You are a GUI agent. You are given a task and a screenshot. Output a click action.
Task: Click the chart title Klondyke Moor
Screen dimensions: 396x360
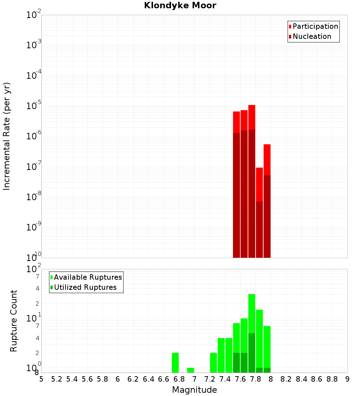click(x=180, y=5)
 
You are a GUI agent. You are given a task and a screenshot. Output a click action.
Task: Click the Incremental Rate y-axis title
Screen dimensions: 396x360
click(x=7, y=136)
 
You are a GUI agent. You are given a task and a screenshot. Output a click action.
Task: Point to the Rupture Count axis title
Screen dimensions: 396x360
click(x=14, y=320)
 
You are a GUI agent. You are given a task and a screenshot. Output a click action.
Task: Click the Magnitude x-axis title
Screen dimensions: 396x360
click(x=194, y=390)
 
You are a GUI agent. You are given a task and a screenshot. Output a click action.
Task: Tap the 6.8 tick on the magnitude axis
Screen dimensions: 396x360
click(x=179, y=379)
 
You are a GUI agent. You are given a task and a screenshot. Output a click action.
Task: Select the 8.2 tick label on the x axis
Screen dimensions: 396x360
click(x=286, y=379)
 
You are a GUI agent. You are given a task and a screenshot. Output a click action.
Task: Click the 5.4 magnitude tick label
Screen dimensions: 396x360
click(x=72, y=379)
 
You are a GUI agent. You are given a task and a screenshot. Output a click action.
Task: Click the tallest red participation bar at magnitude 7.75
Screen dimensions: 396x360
click(x=252, y=117)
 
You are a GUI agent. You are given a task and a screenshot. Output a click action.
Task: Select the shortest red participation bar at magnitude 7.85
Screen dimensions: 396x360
click(x=259, y=184)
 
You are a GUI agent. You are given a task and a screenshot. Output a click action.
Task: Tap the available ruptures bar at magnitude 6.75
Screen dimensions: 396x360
click(x=175, y=363)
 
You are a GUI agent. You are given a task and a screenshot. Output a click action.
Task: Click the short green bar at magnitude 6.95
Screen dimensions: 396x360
click(x=190, y=370)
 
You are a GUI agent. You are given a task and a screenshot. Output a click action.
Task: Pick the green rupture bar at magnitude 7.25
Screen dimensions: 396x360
click(x=213, y=363)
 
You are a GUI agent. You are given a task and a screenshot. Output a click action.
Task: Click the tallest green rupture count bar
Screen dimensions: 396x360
click(x=252, y=313)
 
